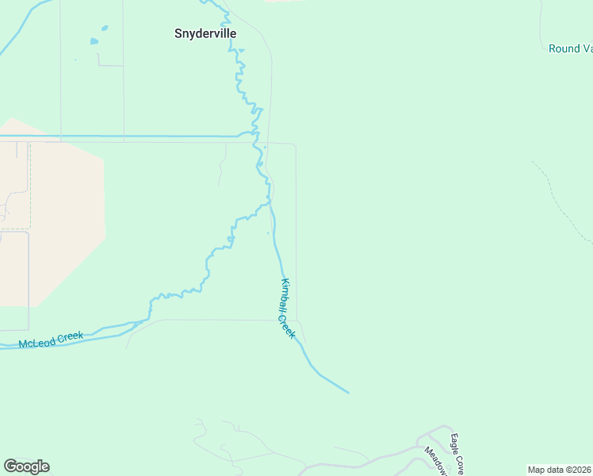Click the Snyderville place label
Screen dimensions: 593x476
point(205,34)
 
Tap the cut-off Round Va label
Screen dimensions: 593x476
point(570,48)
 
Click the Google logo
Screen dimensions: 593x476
point(26,466)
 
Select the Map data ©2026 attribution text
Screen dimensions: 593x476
point(560,470)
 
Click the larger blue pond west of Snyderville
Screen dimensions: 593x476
point(95,41)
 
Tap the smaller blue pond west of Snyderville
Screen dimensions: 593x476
point(104,29)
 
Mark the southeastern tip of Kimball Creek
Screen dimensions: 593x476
point(347,392)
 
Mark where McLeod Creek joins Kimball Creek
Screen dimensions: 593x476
point(270,204)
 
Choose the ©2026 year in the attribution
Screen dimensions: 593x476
point(578,470)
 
